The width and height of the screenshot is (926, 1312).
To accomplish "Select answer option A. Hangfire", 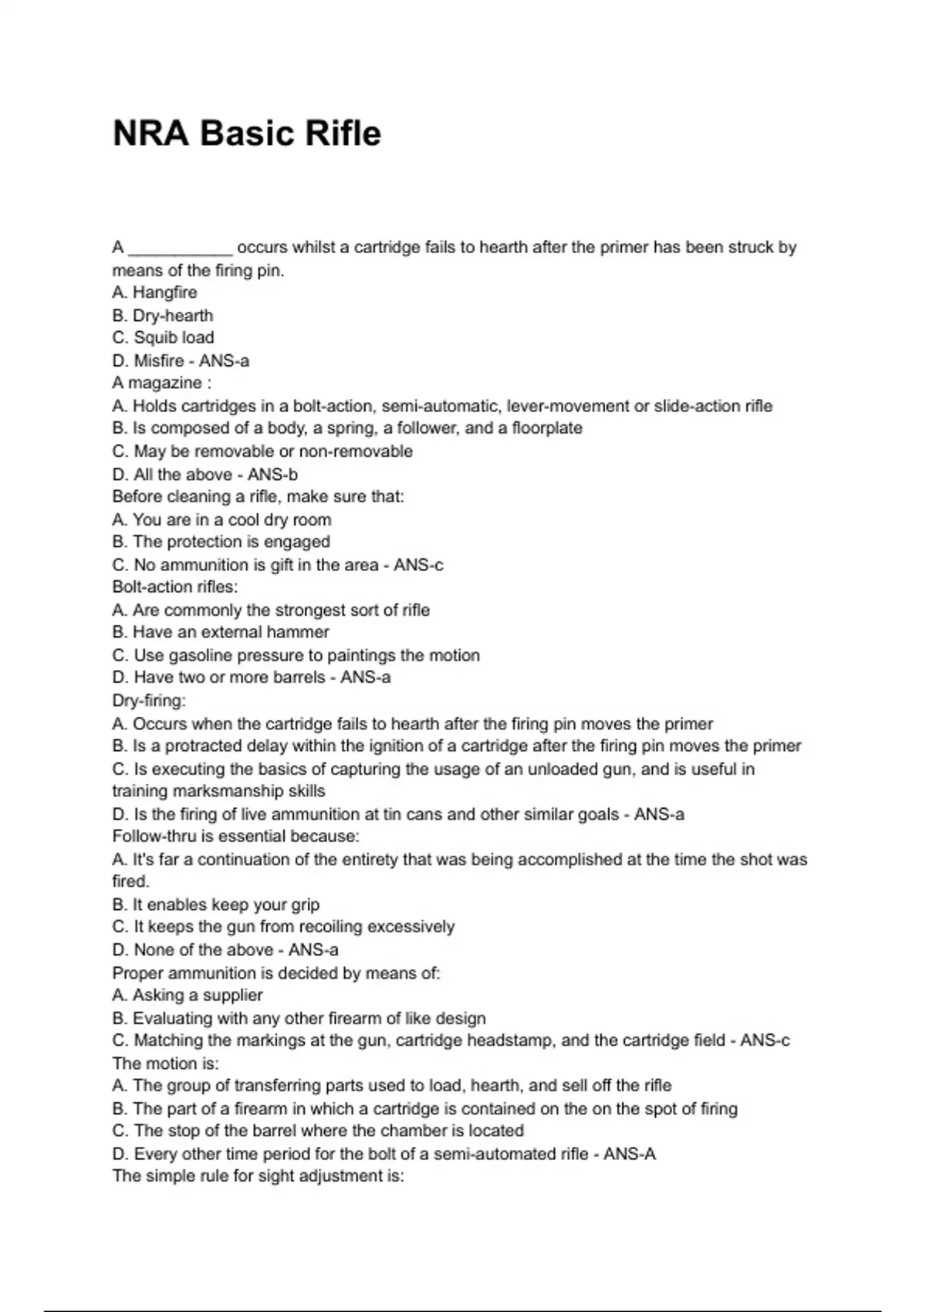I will pyautogui.click(x=154, y=292).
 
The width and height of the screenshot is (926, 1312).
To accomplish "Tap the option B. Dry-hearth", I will pyautogui.click(x=162, y=316).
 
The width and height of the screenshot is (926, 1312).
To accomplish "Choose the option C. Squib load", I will pyautogui.click(x=163, y=338).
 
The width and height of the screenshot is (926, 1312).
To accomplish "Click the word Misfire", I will pyautogui.click(x=159, y=361).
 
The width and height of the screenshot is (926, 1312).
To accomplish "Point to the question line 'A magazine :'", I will pyautogui.click(x=161, y=384).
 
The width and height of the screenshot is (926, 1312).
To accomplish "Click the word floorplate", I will pyautogui.click(x=546, y=428).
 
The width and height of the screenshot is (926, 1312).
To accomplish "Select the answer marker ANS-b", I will pyautogui.click(x=272, y=475).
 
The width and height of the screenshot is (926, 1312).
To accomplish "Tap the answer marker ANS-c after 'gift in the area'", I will pyautogui.click(x=418, y=565).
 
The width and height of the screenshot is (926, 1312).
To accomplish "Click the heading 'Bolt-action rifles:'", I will pyautogui.click(x=175, y=587).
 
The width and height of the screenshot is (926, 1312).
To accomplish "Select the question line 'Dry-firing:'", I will pyautogui.click(x=149, y=701).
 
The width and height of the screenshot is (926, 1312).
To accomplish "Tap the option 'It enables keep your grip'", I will pyautogui.click(x=216, y=905).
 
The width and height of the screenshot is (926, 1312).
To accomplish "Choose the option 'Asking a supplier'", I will pyautogui.click(x=188, y=996).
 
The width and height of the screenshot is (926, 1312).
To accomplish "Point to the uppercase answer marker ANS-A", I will pyautogui.click(x=629, y=1155).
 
